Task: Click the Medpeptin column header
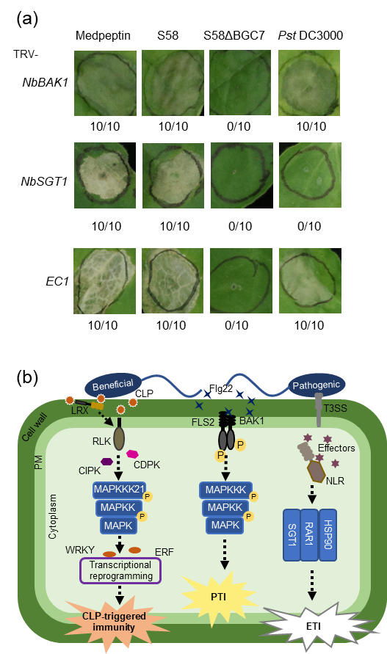(x=103, y=36)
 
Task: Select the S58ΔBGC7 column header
(x=234, y=35)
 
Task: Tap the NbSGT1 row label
(x=44, y=181)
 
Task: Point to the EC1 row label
(x=57, y=281)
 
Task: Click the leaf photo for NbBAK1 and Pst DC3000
(x=309, y=83)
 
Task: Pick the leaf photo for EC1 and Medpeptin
(x=105, y=280)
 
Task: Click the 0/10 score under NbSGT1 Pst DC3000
(x=309, y=226)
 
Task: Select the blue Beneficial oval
(x=113, y=385)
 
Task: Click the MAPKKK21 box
(x=119, y=490)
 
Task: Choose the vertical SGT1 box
(x=292, y=534)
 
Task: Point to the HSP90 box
(x=328, y=534)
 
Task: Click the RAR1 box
(x=309, y=534)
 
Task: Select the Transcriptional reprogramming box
(x=120, y=570)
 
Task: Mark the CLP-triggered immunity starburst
(x=114, y=622)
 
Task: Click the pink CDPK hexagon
(x=132, y=454)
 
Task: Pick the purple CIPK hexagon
(x=107, y=461)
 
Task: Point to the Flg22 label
(x=221, y=388)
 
